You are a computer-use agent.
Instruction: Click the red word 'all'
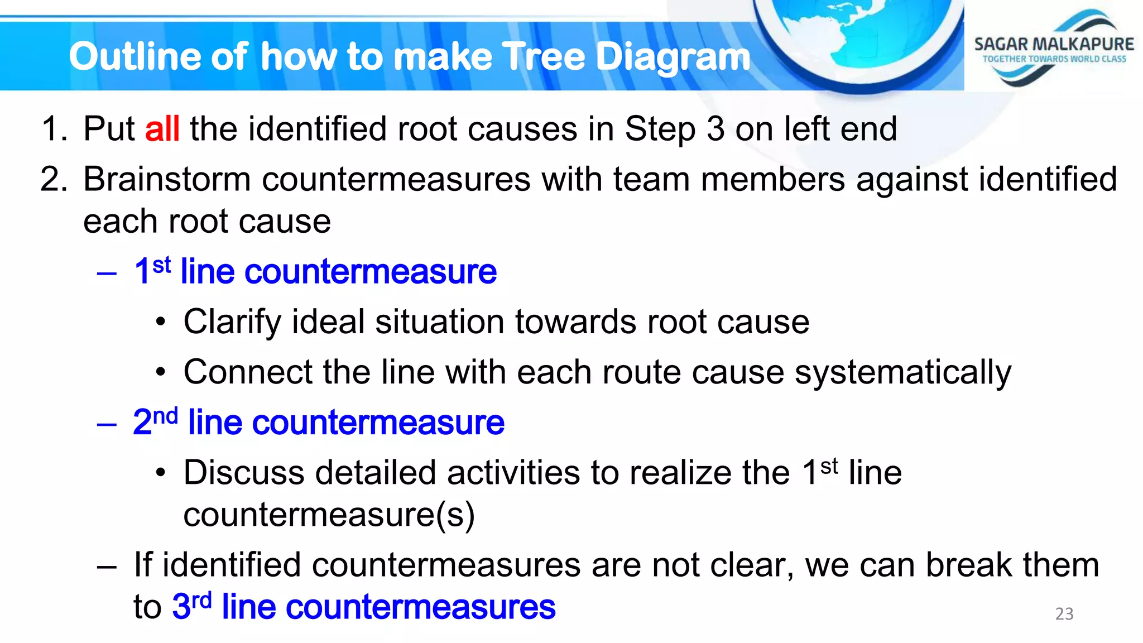click(x=162, y=129)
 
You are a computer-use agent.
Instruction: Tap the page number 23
click(x=1064, y=614)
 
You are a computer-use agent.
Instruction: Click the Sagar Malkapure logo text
click(x=1054, y=44)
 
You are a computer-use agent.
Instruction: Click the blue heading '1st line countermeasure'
click(x=315, y=272)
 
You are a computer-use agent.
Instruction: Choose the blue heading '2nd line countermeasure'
click(x=319, y=423)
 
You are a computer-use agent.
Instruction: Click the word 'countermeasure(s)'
click(x=329, y=515)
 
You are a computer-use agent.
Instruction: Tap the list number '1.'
click(x=54, y=129)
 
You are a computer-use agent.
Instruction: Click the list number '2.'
click(x=54, y=180)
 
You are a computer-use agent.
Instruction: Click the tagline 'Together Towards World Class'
click(x=1054, y=59)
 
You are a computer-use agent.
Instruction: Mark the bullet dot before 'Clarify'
click(x=161, y=322)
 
